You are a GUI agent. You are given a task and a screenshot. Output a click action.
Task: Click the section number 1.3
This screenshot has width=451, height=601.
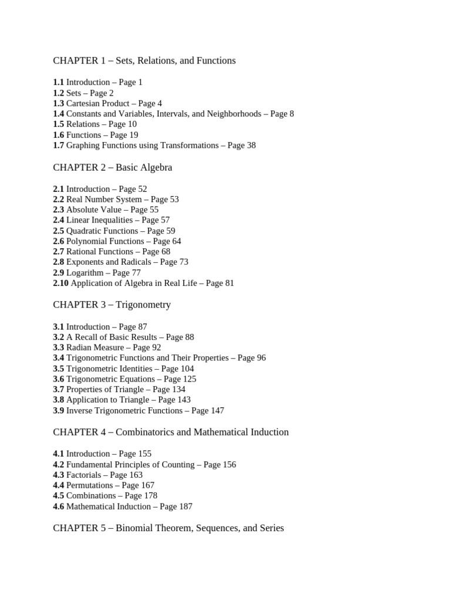coord(58,103)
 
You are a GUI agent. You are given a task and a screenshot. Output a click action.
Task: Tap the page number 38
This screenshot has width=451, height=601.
coord(250,146)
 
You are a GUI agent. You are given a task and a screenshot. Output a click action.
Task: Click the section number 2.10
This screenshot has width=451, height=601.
coord(60,283)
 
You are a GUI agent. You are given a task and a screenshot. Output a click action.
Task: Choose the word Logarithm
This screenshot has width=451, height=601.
coord(85,273)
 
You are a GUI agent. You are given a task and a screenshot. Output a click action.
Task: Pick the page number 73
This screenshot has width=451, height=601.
coord(183,262)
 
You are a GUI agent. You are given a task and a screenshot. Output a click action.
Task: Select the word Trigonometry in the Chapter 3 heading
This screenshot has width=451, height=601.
coord(143,305)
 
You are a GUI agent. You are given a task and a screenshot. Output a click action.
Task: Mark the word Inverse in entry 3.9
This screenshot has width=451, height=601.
coord(79,411)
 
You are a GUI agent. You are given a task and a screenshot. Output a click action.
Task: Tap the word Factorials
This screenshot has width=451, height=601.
coord(83,475)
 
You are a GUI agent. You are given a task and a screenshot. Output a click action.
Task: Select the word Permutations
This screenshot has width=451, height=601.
coord(89,485)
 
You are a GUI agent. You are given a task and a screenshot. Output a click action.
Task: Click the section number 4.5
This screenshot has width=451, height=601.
coord(58,496)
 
